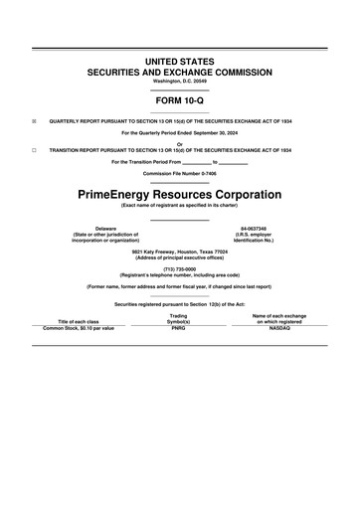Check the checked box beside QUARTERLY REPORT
click(x=33, y=121)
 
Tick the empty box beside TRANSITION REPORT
click(x=33, y=149)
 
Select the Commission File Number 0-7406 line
click(x=179, y=172)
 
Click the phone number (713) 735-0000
click(x=179, y=268)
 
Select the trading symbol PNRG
click(x=179, y=327)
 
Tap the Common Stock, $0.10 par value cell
click(x=80, y=327)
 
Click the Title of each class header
click(x=80, y=321)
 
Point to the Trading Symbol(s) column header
click(x=179, y=318)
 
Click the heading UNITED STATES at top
click(x=179, y=62)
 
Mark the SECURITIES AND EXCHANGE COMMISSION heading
click(x=179, y=73)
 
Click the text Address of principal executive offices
click(x=179, y=257)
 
